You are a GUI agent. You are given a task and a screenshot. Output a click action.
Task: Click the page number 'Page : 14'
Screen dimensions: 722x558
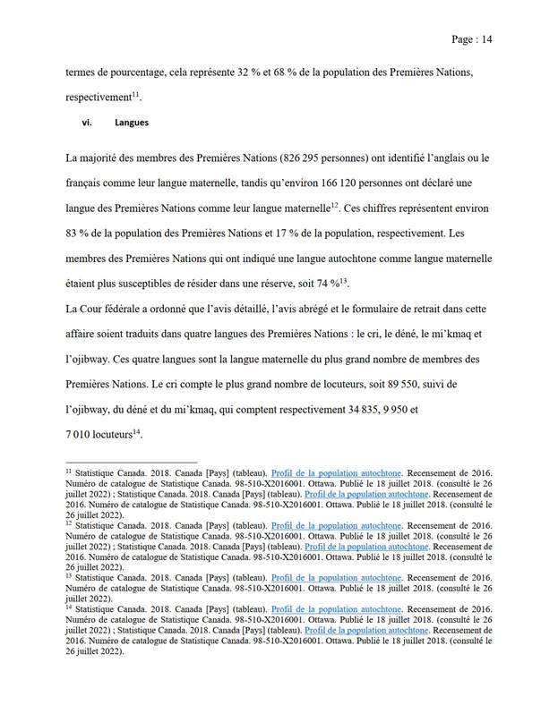pyautogui.click(x=472, y=39)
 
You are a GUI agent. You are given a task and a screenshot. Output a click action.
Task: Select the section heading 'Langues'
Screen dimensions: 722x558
pyautogui.click(x=132, y=123)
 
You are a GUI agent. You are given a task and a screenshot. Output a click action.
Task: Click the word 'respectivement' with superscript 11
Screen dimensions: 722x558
pyautogui.click(x=99, y=95)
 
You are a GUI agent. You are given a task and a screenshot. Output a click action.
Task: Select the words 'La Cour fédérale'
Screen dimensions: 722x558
pyautogui.click(x=105, y=309)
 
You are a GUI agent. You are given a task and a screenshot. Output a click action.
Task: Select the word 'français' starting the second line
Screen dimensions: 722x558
pyautogui.click(x=88, y=183)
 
